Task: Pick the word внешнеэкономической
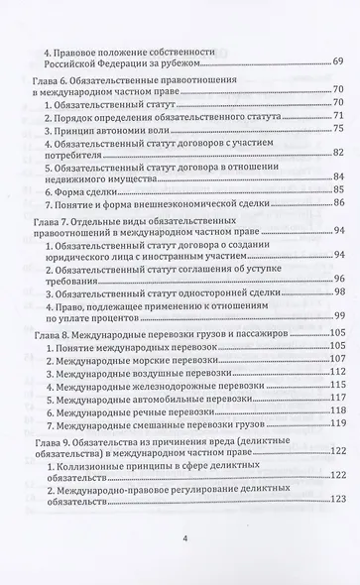click(x=198, y=204)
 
